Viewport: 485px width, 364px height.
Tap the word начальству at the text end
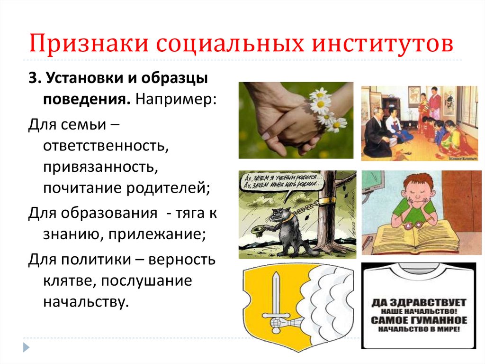(x=86, y=301)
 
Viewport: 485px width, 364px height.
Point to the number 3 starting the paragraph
(x=32, y=80)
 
